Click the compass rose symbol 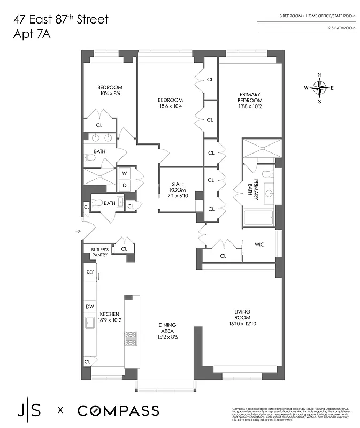coord(319,87)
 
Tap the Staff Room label coord(178,187)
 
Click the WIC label coord(259,244)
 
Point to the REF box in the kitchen coord(90,272)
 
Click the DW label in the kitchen coord(90,307)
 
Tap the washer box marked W coord(125,173)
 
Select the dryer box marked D coord(125,185)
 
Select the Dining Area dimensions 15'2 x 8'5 coord(167,337)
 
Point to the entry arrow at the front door coord(79,231)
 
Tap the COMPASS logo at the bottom coord(118,411)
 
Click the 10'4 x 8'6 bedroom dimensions coord(110,94)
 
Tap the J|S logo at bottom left coord(30,411)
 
